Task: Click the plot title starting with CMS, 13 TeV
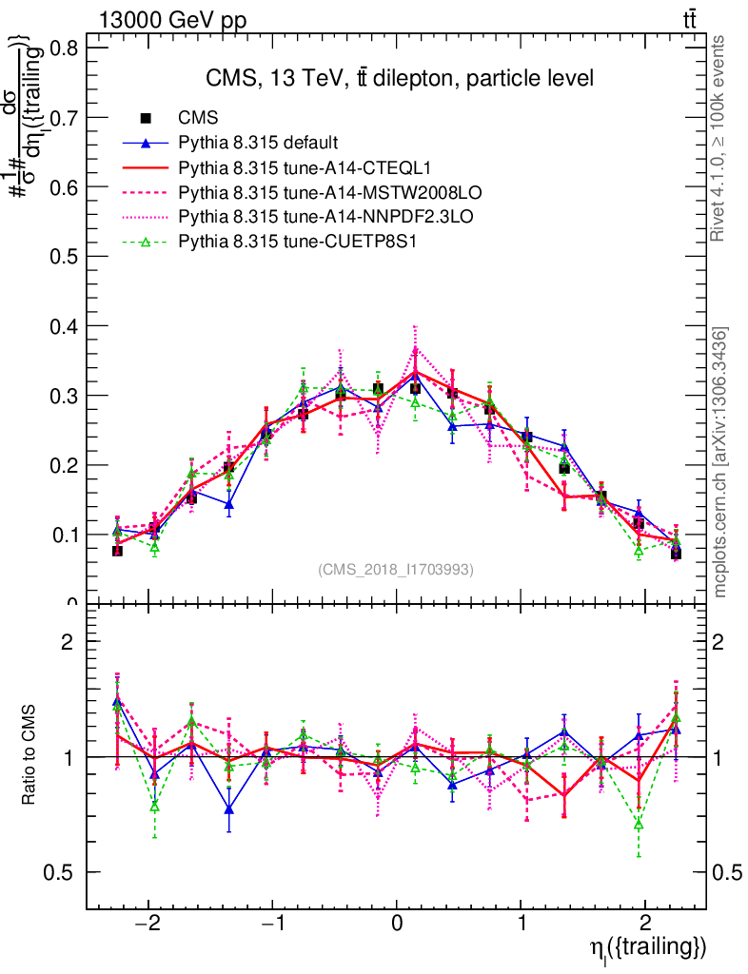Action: pyautogui.click(x=400, y=79)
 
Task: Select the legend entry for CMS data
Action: pyautogui.click(x=199, y=119)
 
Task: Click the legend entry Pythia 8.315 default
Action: pyautogui.click(x=258, y=144)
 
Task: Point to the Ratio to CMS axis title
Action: pyautogui.click(x=30, y=756)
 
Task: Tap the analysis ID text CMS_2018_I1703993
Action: pyautogui.click(x=395, y=570)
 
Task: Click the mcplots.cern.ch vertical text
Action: pyautogui.click(x=722, y=462)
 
